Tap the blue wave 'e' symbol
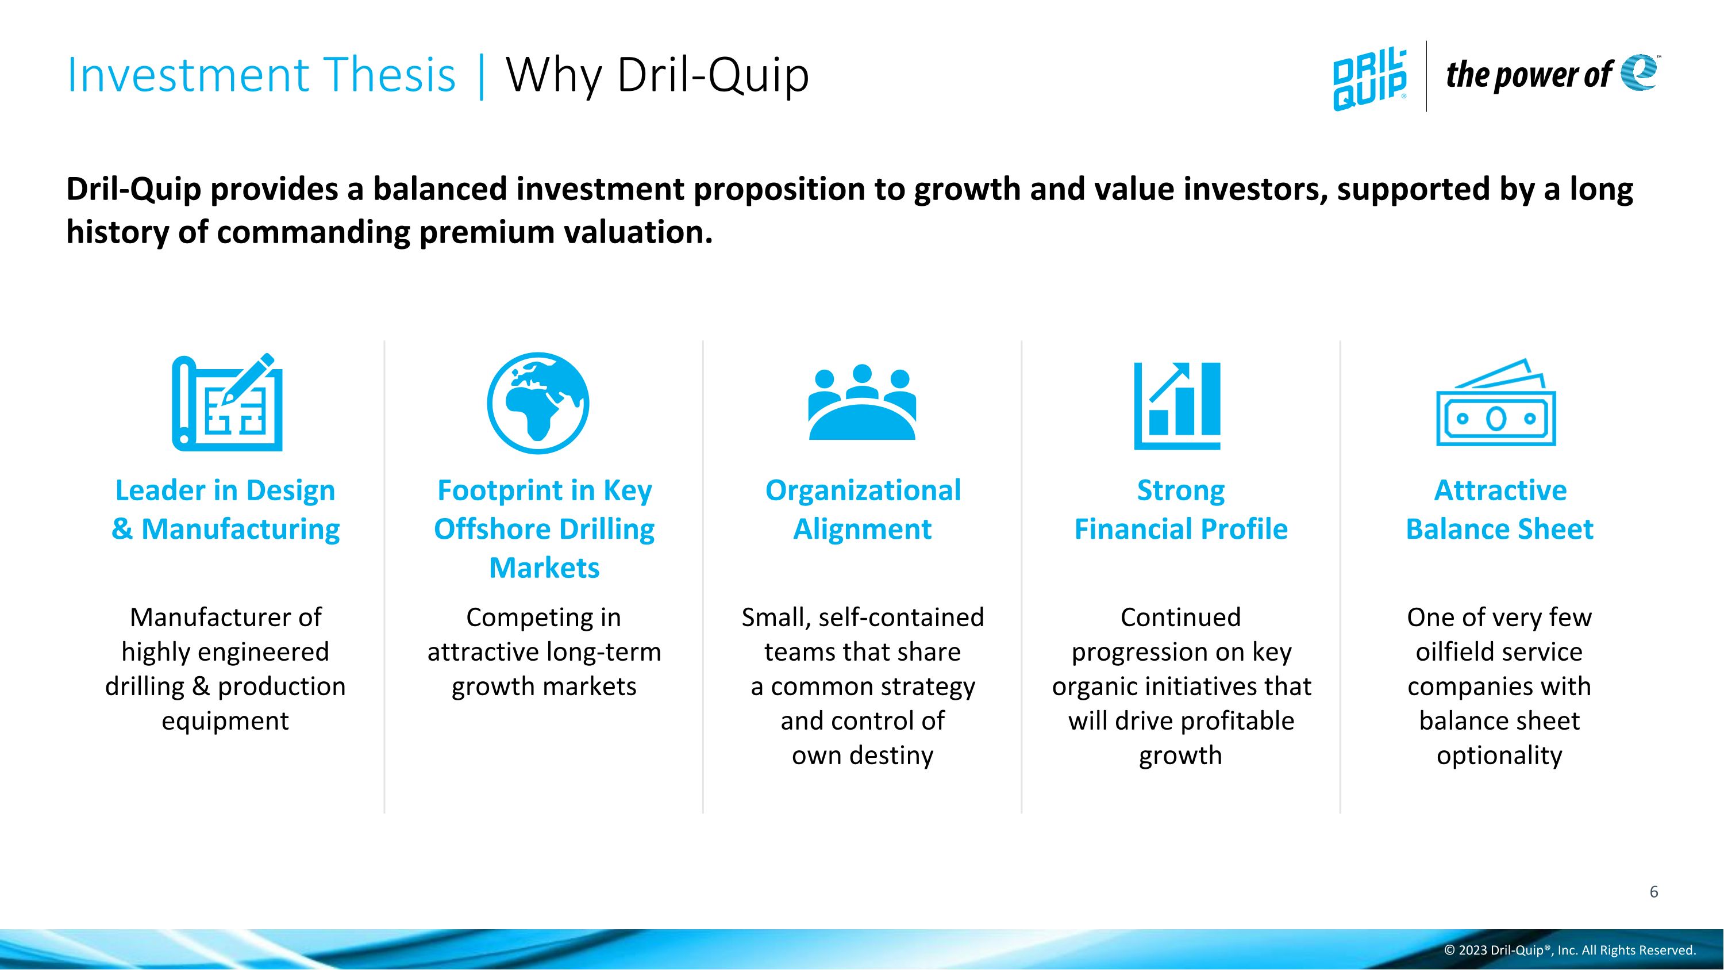[x=1638, y=72]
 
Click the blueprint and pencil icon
[x=228, y=403]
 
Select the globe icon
[x=538, y=403]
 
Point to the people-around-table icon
[x=862, y=403]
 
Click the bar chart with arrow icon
[x=1177, y=406]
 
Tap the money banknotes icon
[x=1496, y=404]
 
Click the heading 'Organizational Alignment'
[x=863, y=509]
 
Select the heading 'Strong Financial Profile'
[x=1180, y=509]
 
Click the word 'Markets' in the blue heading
[x=544, y=568]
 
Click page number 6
[x=1654, y=892]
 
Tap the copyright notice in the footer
[x=1570, y=950]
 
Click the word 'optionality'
[x=1499, y=756]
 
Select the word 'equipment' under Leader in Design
[x=225, y=721]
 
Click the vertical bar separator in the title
[x=481, y=76]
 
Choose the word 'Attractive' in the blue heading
[x=1500, y=490]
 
